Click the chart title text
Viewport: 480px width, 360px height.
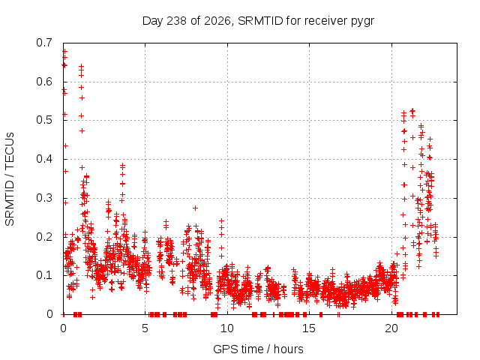[258, 21]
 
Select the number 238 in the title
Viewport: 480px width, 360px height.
[176, 21]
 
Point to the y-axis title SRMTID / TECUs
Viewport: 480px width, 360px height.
[10, 179]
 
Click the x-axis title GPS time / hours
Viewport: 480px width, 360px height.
[258, 349]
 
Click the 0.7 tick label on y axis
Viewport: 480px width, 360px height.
[44, 43]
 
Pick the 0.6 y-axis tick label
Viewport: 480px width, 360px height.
[44, 82]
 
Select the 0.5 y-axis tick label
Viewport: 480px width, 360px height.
[44, 120]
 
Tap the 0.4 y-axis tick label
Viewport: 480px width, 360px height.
[44, 159]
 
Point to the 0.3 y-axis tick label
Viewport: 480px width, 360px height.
[44, 198]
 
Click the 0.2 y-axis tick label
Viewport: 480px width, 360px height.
[44, 237]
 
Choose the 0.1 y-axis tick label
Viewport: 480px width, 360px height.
[44, 275]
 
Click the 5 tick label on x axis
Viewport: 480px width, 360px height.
[145, 328]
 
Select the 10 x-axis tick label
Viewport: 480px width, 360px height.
[227, 328]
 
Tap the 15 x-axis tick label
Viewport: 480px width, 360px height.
[309, 328]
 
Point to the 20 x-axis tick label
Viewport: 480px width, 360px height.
[391, 328]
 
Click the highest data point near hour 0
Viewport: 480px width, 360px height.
[65, 52]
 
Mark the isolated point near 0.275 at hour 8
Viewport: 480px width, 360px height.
[195, 208]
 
